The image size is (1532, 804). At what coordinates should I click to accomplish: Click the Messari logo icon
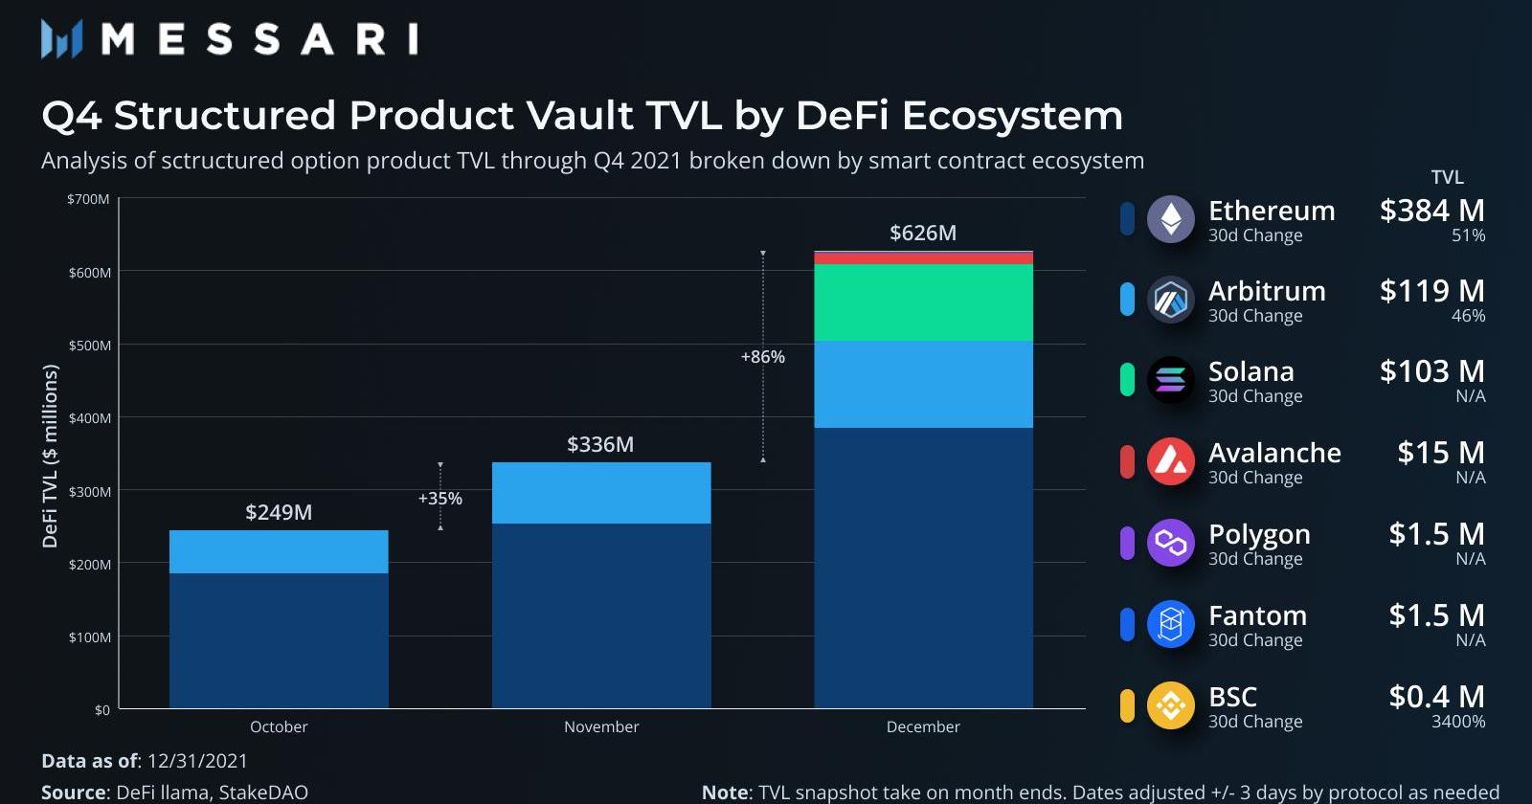click(x=61, y=39)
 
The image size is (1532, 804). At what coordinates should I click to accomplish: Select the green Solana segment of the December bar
click(x=923, y=302)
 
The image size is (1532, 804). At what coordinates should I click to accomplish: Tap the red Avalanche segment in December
click(x=923, y=258)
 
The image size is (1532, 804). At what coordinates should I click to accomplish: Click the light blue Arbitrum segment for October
click(x=279, y=552)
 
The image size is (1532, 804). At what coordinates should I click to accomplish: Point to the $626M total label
click(x=923, y=233)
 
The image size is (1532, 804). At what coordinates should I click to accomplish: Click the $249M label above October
click(x=279, y=512)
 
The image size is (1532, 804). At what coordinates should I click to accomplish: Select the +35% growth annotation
click(x=440, y=499)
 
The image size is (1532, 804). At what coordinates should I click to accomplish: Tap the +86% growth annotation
click(x=763, y=357)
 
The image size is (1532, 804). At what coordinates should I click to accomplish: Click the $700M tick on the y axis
click(x=88, y=199)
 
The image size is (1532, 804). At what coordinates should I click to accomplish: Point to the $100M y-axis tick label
click(x=89, y=637)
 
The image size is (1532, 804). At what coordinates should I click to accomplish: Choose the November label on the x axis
click(x=601, y=726)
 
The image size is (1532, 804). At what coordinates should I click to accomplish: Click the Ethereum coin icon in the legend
click(x=1171, y=219)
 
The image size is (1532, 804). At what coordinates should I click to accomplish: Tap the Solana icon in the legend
click(x=1171, y=380)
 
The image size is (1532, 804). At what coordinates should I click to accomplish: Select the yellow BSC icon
click(x=1171, y=705)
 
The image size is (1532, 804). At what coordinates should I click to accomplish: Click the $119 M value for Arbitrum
click(x=1431, y=291)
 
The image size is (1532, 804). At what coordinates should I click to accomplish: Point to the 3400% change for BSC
click(x=1458, y=722)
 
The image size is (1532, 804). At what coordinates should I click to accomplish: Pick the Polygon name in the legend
click(x=1259, y=534)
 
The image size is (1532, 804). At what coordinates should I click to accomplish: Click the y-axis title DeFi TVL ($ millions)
click(x=50, y=456)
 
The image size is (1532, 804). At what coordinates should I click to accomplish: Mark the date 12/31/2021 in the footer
click(x=197, y=761)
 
